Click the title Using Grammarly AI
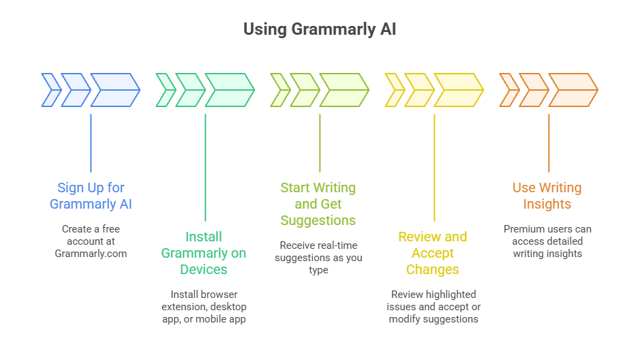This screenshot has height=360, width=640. (x=320, y=29)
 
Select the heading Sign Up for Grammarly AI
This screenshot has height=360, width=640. (x=91, y=196)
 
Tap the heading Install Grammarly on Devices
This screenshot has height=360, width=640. (x=204, y=253)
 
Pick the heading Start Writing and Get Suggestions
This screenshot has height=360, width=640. (x=318, y=204)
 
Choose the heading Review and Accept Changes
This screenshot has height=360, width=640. (x=433, y=253)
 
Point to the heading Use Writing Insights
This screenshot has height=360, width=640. (x=547, y=196)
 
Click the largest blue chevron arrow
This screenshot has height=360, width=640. (x=115, y=90)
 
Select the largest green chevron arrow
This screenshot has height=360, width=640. (x=229, y=90)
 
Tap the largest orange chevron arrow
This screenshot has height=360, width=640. (x=573, y=90)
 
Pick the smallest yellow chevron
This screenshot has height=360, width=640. (x=394, y=90)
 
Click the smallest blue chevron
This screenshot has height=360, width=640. (x=50, y=90)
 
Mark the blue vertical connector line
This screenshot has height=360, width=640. (x=91, y=143)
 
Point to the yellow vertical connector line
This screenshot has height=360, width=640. (x=434, y=167)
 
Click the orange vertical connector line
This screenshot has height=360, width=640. (x=549, y=143)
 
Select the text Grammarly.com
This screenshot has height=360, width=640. (x=91, y=254)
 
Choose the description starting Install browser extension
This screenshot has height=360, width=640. (x=204, y=307)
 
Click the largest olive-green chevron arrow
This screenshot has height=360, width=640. (x=344, y=90)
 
